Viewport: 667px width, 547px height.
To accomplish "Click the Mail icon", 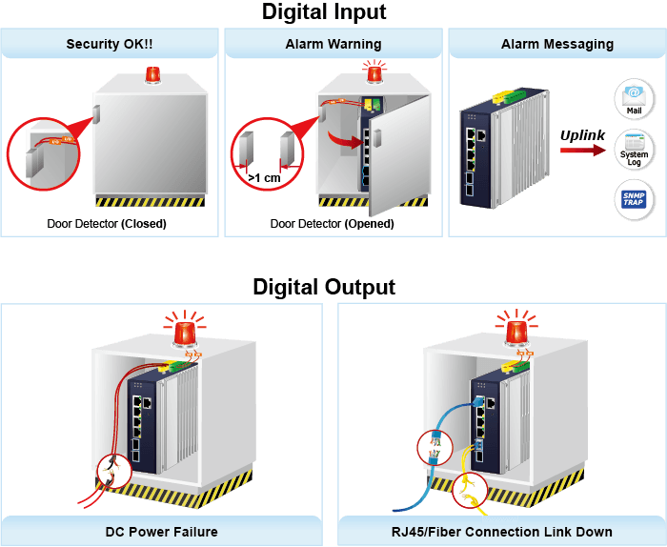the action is [x=634, y=99].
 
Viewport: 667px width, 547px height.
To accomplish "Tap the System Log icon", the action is [x=634, y=150].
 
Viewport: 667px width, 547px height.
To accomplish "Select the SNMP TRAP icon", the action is [x=634, y=199].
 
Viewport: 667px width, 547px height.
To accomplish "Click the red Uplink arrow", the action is [x=583, y=151].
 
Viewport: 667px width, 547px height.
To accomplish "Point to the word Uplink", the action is [x=582, y=135].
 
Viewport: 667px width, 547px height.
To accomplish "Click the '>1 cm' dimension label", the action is [x=264, y=178].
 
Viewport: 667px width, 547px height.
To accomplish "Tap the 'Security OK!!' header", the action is [x=110, y=44].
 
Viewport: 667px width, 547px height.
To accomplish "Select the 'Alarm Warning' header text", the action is [x=333, y=44].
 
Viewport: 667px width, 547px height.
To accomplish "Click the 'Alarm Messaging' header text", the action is [x=557, y=44].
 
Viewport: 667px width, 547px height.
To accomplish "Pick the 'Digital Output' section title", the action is [x=324, y=287].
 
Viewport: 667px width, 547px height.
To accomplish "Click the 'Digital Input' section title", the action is [x=324, y=11].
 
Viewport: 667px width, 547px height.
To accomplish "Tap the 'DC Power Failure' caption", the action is [x=162, y=532].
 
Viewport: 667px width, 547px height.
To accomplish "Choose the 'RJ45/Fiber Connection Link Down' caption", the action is [x=502, y=532].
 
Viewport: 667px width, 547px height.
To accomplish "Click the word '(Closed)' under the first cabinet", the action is [x=144, y=224].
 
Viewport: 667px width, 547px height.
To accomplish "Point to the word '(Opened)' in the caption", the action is [x=370, y=224].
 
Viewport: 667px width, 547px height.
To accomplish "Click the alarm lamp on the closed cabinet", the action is [x=152, y=74].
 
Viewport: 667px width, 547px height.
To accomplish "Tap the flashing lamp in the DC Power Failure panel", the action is [x=185, y=333].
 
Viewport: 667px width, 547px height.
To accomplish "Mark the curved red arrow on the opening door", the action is [x=345, y=140].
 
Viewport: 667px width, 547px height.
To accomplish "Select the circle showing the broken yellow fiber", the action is [x=470, y=491].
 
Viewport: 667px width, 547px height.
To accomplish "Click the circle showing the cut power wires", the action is [x=115, y=472].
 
